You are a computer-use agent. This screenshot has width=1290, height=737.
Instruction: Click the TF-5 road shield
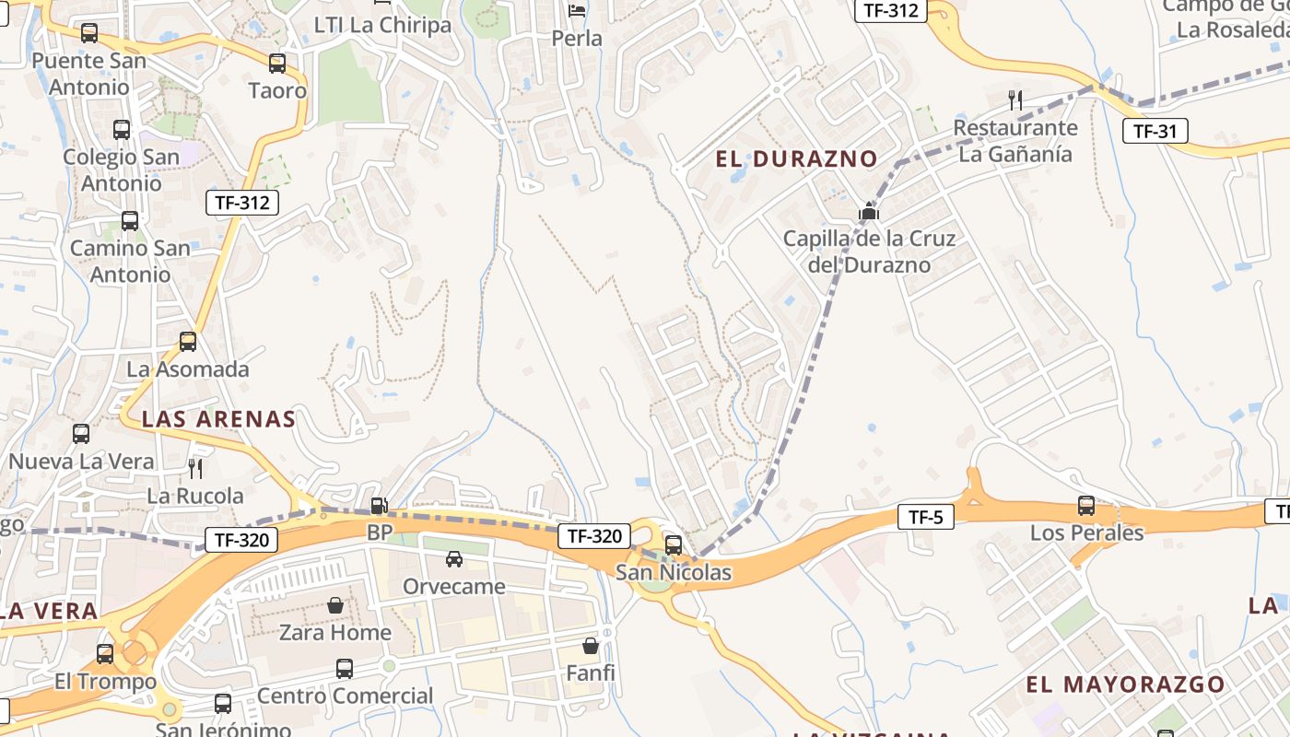925,517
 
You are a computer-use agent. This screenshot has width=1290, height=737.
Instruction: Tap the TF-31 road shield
1155,131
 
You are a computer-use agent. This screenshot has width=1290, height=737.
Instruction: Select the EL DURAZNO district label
796,158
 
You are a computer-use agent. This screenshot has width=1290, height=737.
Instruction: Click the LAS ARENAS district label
218,419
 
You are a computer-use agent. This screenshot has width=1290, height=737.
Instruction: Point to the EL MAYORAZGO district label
1125,684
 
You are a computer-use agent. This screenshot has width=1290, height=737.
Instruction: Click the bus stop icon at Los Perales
1086,506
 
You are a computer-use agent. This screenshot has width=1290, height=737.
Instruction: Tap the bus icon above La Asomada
188,342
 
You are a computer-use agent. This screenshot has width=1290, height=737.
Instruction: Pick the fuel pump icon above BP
378,506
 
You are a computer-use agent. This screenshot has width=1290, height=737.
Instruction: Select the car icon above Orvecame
454,559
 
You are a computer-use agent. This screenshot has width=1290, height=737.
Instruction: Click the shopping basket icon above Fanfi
590,646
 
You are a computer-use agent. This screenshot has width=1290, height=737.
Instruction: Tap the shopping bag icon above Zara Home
335,605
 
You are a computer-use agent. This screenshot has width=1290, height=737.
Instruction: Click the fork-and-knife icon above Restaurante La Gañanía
1015,99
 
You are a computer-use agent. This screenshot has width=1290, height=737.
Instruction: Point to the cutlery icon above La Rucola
195,469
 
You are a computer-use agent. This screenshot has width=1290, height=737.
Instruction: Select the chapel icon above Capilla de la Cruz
868,212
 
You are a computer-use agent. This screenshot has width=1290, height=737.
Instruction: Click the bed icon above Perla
577,11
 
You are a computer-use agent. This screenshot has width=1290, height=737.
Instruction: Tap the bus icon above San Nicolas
674,544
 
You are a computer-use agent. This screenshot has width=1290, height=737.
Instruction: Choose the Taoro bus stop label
277,90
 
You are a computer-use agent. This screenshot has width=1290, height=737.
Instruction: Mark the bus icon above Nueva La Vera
81,433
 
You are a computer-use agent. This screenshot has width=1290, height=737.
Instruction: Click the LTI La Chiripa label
382,25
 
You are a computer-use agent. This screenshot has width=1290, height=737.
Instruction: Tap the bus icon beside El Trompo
105,654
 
